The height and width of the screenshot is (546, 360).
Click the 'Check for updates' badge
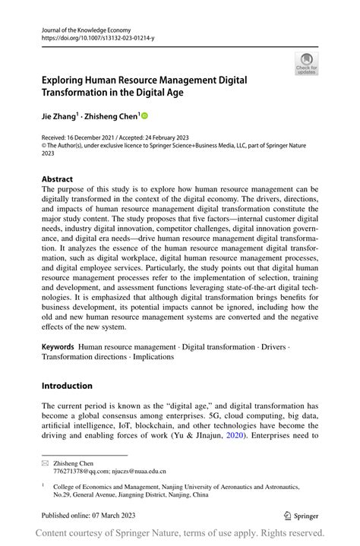click(x=305, y=64)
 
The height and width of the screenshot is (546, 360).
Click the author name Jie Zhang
click(x=60, y=116)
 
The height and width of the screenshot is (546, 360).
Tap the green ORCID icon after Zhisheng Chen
click(x=144, y=116)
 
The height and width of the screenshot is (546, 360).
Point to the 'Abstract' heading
click(x=57, y=179)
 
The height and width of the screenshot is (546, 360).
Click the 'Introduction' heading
click(x=67, y=386)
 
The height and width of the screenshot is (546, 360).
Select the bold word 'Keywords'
click(x=58, y=346)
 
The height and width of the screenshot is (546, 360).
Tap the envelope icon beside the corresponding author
click(x=46, y=462)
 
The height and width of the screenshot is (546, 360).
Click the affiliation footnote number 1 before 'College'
click(x=44, y=483)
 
